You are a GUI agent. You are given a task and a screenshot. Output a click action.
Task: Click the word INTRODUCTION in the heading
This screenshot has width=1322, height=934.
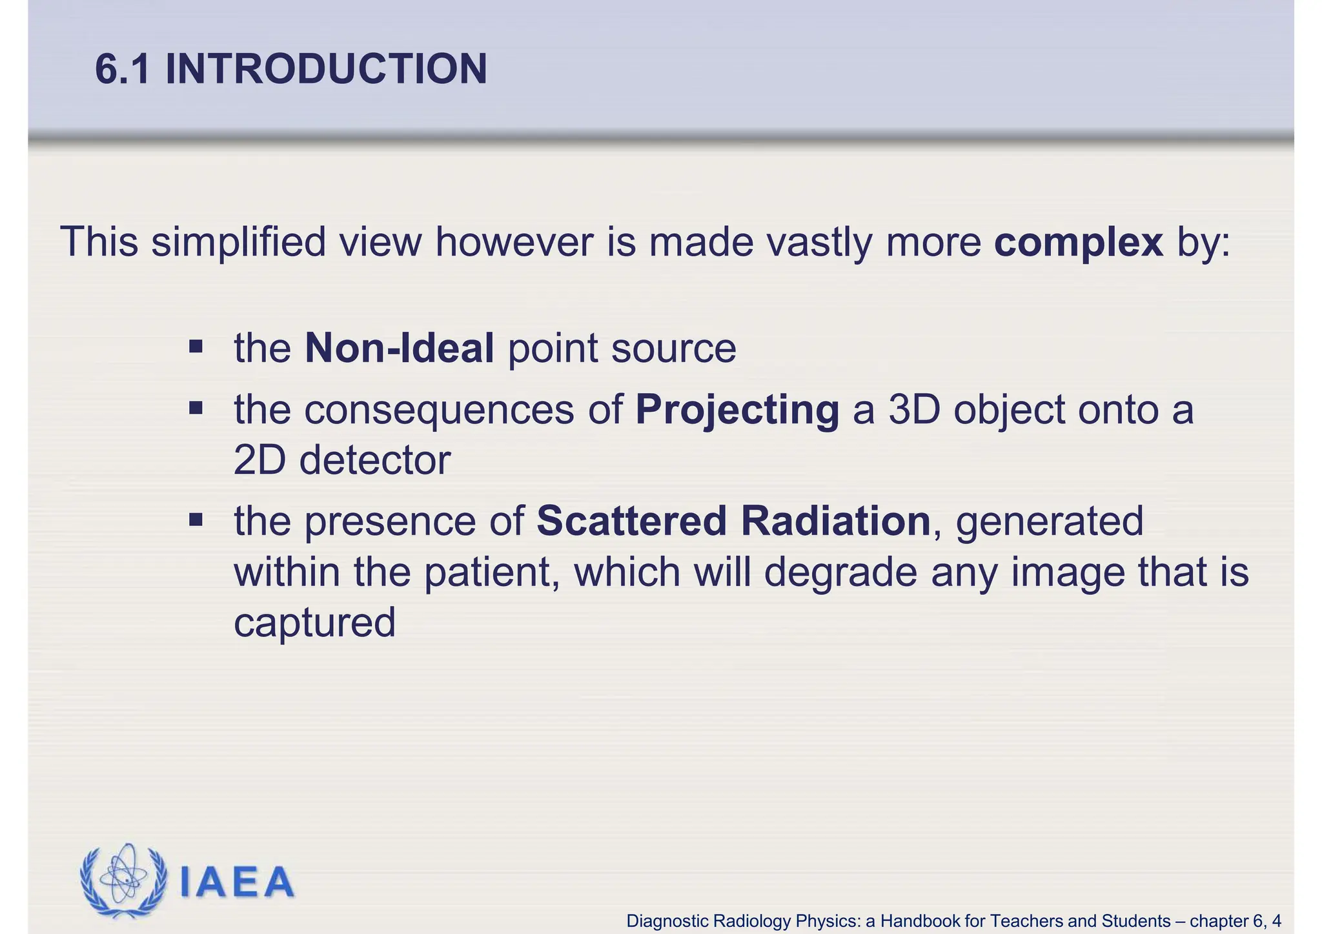pyautogui.click(x=326, y=69)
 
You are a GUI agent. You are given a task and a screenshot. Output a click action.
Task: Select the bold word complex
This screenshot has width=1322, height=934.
pyautogui.click(x=1079, y=243)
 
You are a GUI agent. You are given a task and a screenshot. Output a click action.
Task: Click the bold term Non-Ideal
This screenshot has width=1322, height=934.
pyautogui.click(x=399, y=349)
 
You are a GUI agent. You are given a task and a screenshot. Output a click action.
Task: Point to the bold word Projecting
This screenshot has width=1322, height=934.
pyautogui.click(x=737, y=411)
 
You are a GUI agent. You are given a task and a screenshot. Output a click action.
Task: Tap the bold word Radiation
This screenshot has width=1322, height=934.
pyautogui.click(x=835, y=522)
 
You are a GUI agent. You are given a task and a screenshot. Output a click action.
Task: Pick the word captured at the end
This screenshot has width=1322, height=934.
pyautogui.click(x=314, y=624)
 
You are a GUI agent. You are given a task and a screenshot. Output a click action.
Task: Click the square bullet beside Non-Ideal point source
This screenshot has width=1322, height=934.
pyautogui.click(x=196, y=348)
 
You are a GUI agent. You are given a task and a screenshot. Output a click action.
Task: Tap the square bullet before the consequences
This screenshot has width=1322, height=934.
pyautogui.click(x=196, y=409)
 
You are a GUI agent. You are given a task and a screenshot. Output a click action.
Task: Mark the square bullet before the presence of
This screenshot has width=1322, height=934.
pyautogui.click(x=196, y=520)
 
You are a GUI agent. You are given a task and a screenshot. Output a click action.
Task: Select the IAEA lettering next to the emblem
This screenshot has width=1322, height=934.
pyautogui.click(x=236, y=882)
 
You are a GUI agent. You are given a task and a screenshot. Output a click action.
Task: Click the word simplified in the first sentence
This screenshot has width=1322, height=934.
pyautogui.click(x=238, y=243)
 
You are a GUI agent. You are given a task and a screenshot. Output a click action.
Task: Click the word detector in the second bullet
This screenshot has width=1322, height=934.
pyautogui.click(x=374, y=461)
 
